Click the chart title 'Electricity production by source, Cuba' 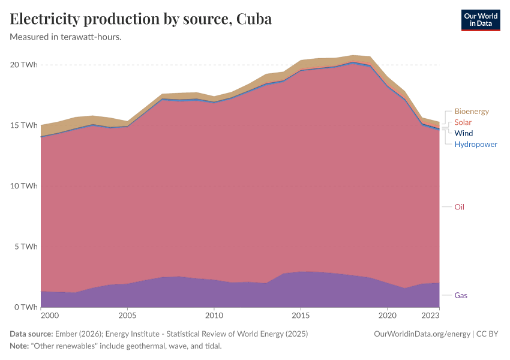[x=141, y=19]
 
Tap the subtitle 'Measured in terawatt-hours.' [x=66, y=37]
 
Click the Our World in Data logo [x=480, y=20]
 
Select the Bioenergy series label [x=471, y=112]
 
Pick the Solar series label [x=463, y=122]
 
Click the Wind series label [x=463, y=133]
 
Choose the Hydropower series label [x=475, y=144]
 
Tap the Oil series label [x=459, y=207]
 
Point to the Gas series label [x=461, y=295]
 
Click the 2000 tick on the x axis [x=50, y=315]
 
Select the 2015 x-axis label [x=301, y=315]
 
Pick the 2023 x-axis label [x=430, y=315]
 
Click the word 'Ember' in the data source [x=65, y=334]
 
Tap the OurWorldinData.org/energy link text [x=422, y=334]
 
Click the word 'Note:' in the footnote [x=20, y=346]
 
